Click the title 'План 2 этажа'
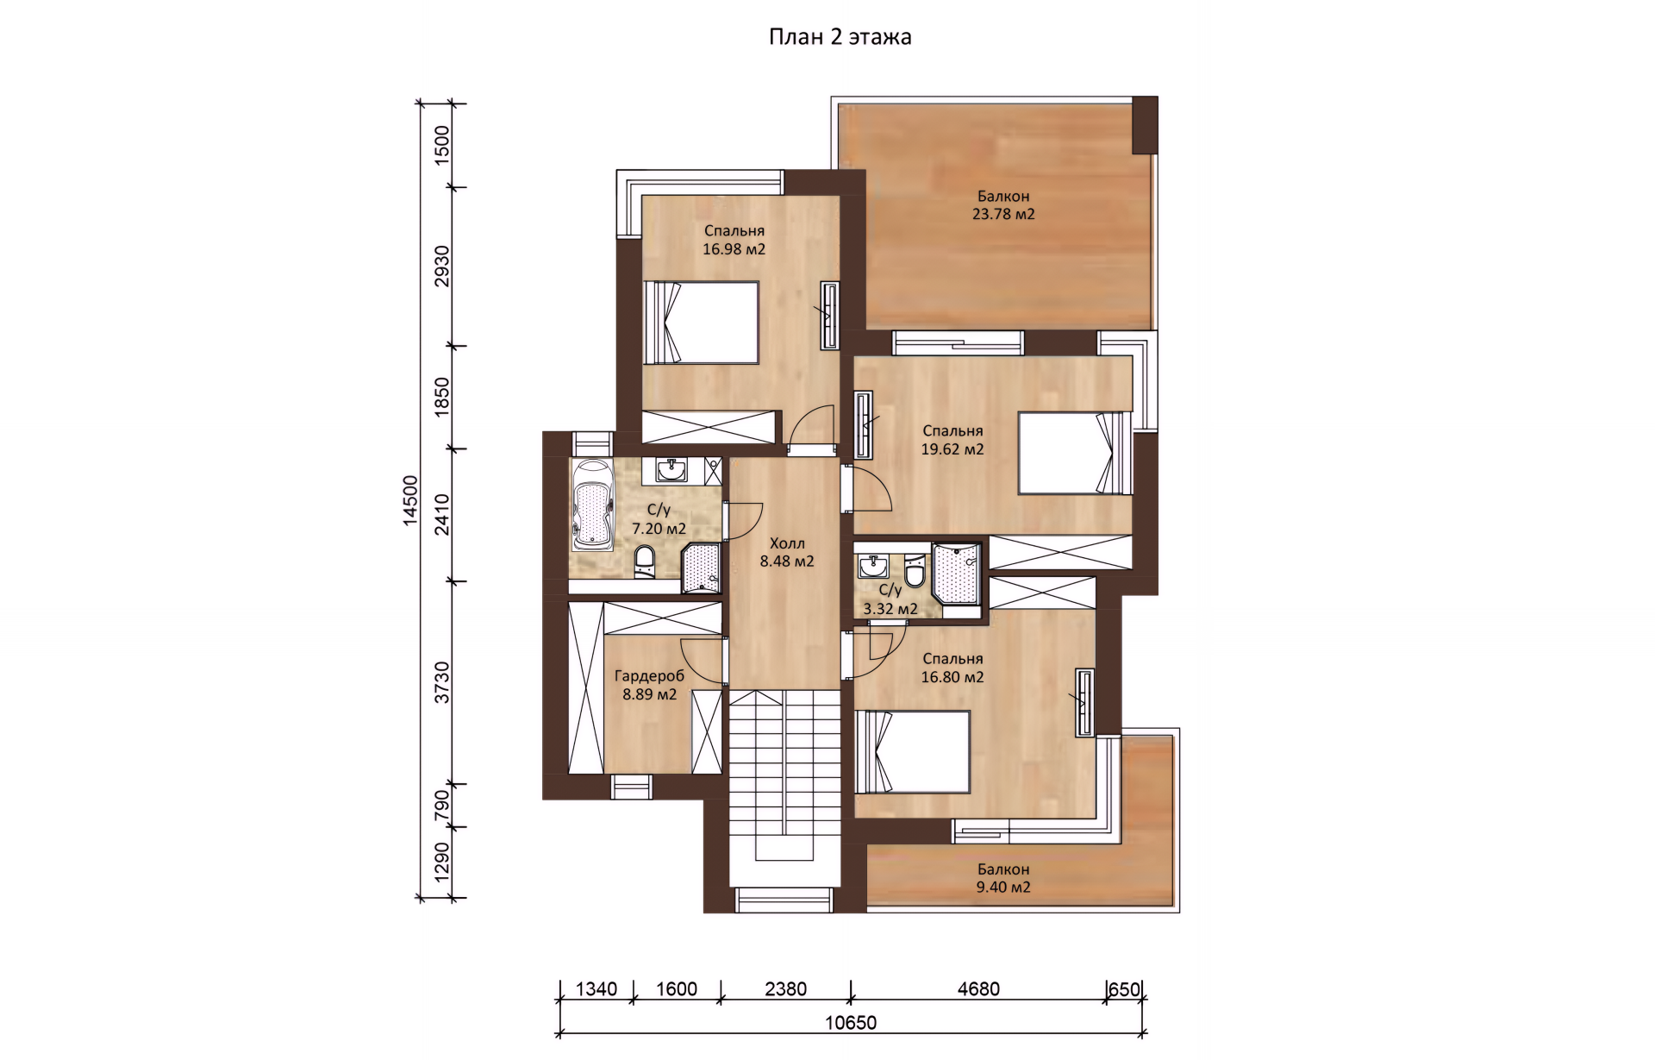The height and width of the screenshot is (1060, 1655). [840, 37]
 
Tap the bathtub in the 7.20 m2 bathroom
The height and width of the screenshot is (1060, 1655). [592, 505]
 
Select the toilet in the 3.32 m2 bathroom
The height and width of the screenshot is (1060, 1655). [915, 570]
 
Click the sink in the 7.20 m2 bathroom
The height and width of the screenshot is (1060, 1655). [671, 469]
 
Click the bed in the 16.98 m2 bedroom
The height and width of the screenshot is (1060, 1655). [702, 323]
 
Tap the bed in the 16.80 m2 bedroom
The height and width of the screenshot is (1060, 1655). [913, 751]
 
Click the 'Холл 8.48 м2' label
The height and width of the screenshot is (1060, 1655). [787, 552]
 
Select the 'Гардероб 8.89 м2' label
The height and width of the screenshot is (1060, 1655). [649, 685]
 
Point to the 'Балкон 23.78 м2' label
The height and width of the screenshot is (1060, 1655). [1003, 205]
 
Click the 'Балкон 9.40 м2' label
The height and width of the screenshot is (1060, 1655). [1003, 878]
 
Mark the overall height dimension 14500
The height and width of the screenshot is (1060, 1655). [410, 500]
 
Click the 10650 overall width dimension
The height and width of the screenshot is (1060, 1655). [851, 1023]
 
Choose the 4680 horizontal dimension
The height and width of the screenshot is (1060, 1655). [978, 989]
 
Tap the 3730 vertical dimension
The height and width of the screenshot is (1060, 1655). [442, 682]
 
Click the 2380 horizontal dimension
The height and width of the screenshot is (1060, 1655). [786, 989]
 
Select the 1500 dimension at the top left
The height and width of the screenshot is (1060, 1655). [442, 145]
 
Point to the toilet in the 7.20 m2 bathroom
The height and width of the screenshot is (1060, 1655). [645, 561]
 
